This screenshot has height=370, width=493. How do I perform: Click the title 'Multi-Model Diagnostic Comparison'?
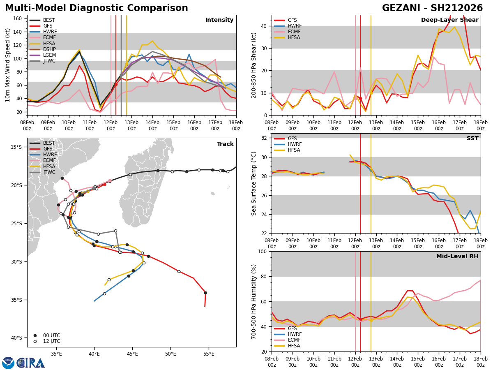click(x=97, y=8)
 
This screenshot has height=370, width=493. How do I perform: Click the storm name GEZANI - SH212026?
click(x=432, y=8)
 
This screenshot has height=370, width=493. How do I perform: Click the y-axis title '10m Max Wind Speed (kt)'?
click(x=8, y=65)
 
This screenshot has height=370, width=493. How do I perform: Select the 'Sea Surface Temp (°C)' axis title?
click(x=254, y=183)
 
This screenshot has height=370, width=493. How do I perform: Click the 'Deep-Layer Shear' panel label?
click(x=449, y=20)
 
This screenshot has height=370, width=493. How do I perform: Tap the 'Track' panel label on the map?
click(x=225, y=144)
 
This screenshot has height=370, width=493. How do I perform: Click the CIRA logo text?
click(x=31, y=363)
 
